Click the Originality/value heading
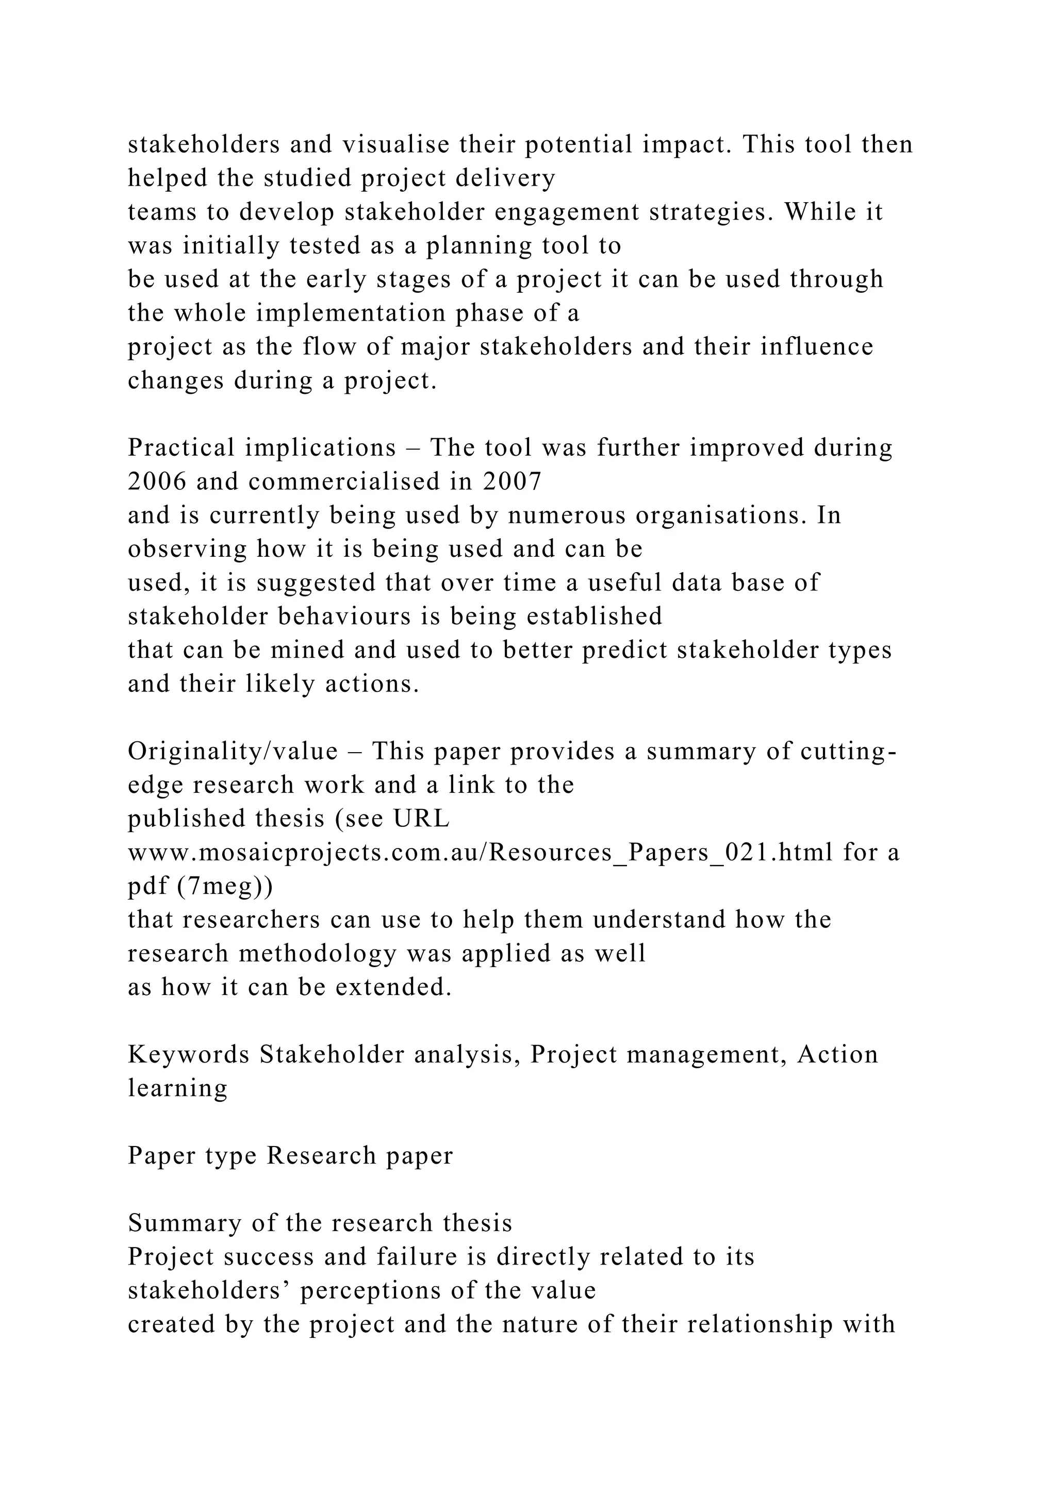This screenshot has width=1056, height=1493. point(232,752)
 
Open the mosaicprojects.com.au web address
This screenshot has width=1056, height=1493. point(480,853)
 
